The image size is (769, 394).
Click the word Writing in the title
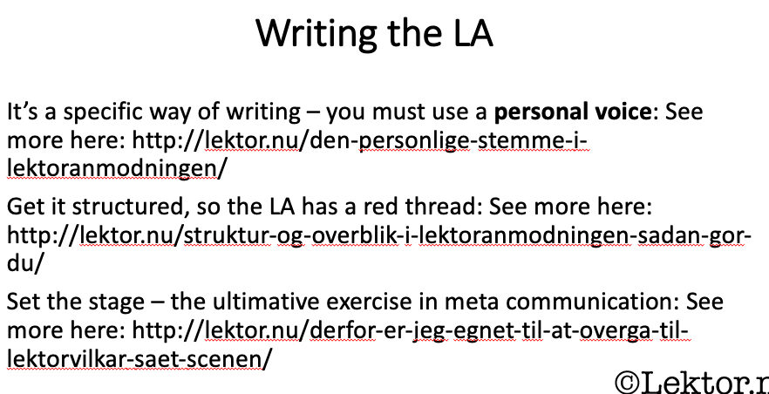(316, 35)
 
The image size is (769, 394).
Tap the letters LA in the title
(473, 33)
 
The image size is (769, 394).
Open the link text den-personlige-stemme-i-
(449, 141)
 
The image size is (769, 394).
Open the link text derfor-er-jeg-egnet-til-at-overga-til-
(500, 331)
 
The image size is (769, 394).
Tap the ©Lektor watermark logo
(691, 383)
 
